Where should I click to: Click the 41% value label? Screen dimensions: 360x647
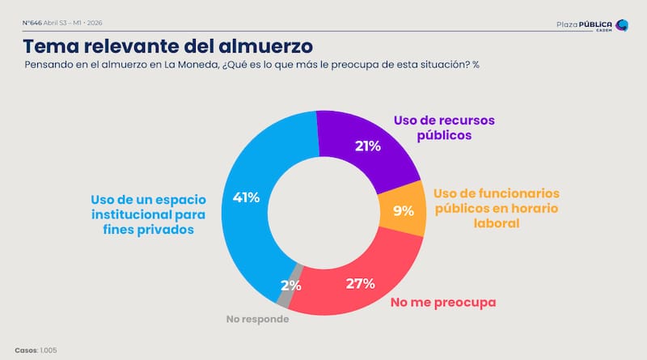pos(246,197)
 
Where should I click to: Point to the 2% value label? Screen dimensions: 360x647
pos(290,285)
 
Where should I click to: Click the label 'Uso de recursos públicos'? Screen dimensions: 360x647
pos(443,128)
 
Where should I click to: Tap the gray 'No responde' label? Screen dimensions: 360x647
pos(256,319)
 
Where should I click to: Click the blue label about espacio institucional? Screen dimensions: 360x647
pos(148,214)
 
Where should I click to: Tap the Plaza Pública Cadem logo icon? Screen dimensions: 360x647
pos(621,25)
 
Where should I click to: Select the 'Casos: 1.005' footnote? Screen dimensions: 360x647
pos(36,349)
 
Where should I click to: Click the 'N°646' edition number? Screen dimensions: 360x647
pos(32,23)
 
